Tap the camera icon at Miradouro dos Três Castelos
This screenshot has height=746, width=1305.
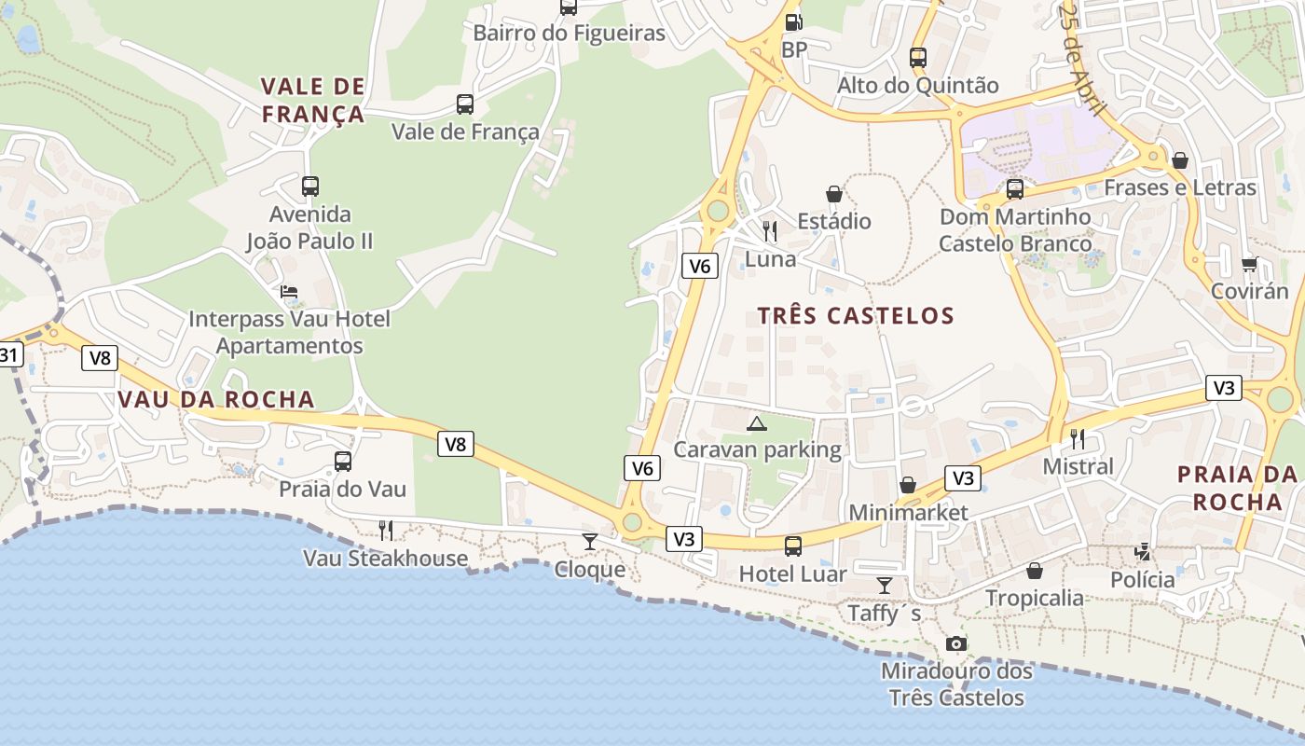(955, 643)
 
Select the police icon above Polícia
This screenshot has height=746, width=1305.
(1143, 552)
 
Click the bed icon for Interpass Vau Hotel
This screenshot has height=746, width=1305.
(289, 292)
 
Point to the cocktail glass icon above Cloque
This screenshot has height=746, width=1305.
(589, 541)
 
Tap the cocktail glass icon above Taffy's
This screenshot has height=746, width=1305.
(884, 586)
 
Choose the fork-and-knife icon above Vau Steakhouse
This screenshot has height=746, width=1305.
(385, 531)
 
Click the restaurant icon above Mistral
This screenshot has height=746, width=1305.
(1078, 438)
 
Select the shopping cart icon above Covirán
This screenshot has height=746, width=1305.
(1249, 264)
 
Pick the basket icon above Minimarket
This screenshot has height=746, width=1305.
(907, 485)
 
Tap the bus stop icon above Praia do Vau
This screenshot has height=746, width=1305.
(343, 461)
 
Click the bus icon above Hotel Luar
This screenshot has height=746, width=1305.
(792, 546)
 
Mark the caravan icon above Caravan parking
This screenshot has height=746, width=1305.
(757, 423)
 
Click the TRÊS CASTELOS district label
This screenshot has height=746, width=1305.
(856, 315)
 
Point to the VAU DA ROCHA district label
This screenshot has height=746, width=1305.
(216, 399)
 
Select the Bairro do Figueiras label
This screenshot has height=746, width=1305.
(569, 34)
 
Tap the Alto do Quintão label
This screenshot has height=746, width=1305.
(917, 86)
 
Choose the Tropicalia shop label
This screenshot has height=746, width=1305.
(1034, 598)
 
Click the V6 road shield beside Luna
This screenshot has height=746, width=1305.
(699, 266)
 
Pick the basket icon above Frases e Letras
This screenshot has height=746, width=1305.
(1180, 160)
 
